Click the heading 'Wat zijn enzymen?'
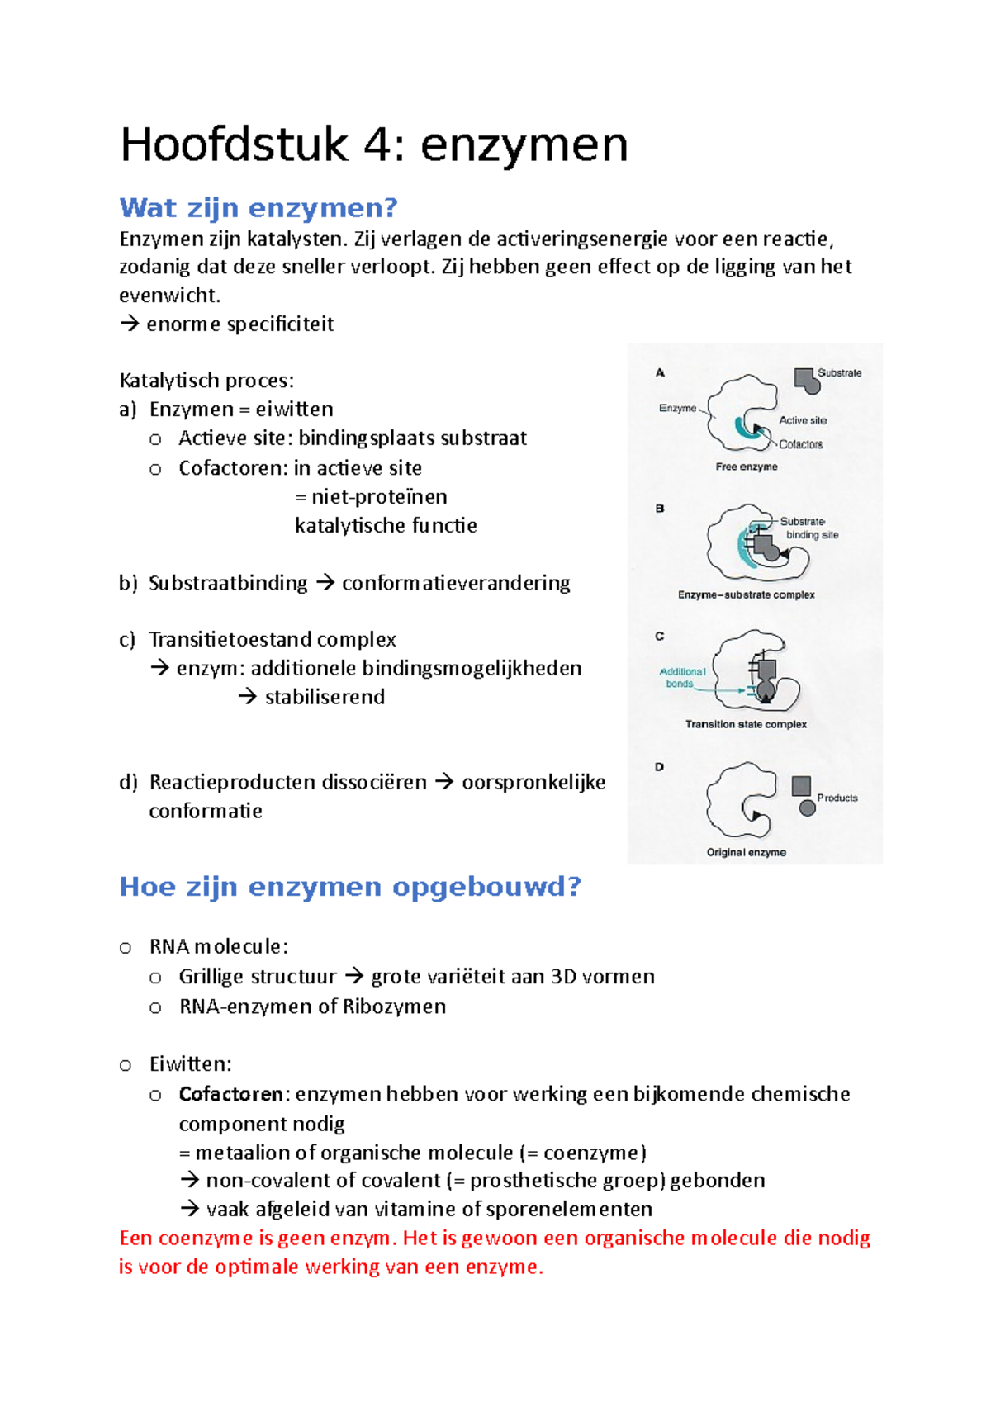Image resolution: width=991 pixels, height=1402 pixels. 258,207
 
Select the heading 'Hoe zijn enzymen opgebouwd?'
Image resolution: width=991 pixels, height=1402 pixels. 350,887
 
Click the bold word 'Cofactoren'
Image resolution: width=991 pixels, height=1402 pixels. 231,1094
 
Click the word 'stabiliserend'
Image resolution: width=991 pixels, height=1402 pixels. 325,697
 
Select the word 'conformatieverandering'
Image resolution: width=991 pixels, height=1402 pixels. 456,583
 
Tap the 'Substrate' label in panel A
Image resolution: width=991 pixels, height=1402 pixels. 839,373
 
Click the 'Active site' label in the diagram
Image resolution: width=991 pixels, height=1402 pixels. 802,420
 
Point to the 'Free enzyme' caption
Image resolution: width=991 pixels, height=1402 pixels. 747,467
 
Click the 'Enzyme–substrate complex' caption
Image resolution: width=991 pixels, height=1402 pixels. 746,594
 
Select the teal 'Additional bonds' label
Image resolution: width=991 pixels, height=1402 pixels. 682,678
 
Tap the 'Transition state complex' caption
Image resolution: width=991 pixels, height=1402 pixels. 746,724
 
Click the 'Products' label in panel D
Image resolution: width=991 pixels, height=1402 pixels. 837,798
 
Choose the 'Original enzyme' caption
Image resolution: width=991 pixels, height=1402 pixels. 746,852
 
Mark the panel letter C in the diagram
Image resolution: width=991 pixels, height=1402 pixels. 659,637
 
